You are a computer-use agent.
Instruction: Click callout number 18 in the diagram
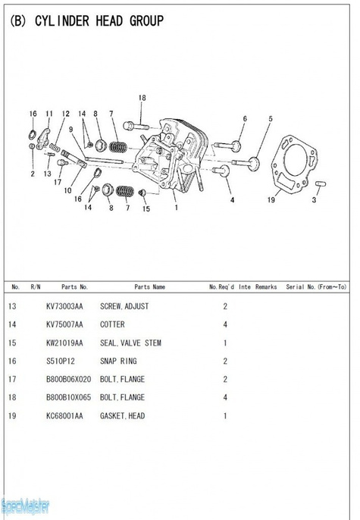[x=142, y=98]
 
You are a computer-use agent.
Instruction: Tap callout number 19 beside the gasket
[x=271, y=199]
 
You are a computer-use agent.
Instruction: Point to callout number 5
[x=271, y=119]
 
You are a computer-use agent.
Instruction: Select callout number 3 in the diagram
[x=314, y=200]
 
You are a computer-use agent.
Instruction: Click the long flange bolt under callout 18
[x=136, y=126]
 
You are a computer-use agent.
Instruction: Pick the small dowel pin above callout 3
[x=321, y=183]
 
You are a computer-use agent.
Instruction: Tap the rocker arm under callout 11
[x=43, y=139]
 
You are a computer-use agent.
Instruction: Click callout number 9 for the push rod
[x=70, y=130]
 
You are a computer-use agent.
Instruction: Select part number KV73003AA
[x=64, y=306]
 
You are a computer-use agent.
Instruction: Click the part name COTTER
[x=112, y=324]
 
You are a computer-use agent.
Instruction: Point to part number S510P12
[x=61, y=361]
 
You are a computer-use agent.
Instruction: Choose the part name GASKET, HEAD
[x=122, y=416]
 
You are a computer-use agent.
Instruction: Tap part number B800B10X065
[x=68, y=397]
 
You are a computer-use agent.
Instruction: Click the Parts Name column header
[x=149, y=287]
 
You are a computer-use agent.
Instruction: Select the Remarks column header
[x=266, y=287]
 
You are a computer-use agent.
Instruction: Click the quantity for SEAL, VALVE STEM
[x=225, y=343]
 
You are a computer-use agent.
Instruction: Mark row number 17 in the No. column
[x=12, y=379]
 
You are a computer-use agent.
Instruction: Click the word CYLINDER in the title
[x=62, y=21]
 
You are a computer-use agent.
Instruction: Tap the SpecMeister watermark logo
[x=25, y=506]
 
